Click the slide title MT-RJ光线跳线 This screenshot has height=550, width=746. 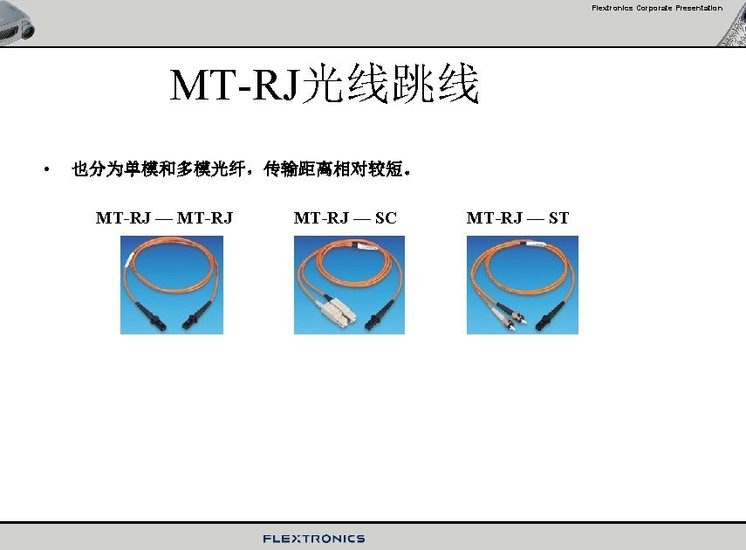pos(325,86)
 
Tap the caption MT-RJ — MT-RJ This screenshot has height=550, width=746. pos(164,218)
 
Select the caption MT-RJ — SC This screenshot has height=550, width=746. pos(345,218)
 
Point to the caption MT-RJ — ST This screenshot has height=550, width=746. pos(517,218)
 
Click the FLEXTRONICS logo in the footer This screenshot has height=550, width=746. pos(314,539)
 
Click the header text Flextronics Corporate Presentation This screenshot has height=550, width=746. pos(656,8)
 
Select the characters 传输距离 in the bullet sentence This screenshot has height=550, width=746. pos(298,169)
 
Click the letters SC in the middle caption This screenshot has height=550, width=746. pos(386,218)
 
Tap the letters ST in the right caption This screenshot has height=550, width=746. pos(558,218)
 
